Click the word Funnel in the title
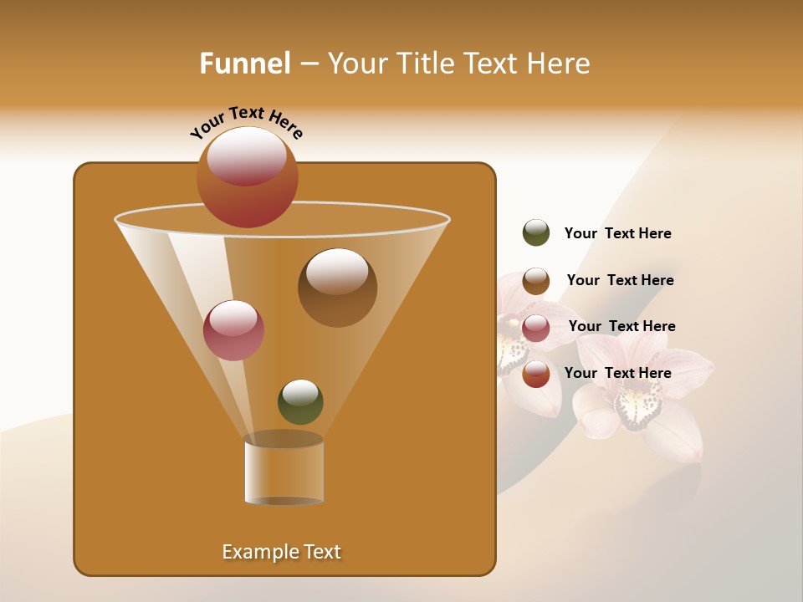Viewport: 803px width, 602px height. [244, 63]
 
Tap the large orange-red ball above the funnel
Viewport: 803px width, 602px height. [248, 176]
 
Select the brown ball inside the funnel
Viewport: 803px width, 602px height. [337, 288]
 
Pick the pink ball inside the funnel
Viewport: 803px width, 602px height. [234, 330]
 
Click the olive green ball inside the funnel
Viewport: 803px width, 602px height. [300, 401]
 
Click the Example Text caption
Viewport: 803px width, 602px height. [282, 552]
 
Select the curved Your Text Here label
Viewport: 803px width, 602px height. [246, 122]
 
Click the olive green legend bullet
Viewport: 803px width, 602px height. [536, 233]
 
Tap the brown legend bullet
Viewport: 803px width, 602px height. [536, 281]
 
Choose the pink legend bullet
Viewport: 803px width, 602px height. [536, 328]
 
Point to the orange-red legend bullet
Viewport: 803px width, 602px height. [536, 375]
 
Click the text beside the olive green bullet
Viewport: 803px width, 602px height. [617, 233]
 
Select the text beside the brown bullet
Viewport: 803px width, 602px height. [620, 280]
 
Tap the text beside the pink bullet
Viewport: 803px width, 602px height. [621, 326]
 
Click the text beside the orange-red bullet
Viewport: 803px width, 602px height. [617, 373]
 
